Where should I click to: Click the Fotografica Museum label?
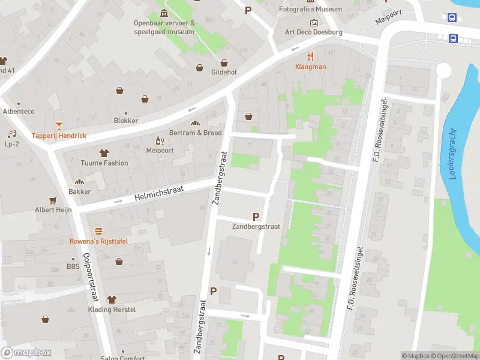point(310,9)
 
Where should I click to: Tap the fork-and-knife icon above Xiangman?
point(310,57)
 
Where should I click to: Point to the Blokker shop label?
point(126,121)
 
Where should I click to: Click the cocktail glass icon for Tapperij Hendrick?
point(59,125)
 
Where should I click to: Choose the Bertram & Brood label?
point(195,133)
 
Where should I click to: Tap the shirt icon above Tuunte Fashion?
point(104,153)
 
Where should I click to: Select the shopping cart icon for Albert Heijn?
point(53,200)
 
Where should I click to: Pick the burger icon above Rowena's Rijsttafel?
point(98,231)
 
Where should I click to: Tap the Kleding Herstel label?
point(112,310)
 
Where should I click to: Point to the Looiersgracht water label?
point(452,153)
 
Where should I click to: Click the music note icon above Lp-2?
point(11,134)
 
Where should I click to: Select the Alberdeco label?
point(19,112)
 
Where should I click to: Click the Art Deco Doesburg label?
point(313,32)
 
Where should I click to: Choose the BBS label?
point(73,266)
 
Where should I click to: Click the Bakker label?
point(79,191)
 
